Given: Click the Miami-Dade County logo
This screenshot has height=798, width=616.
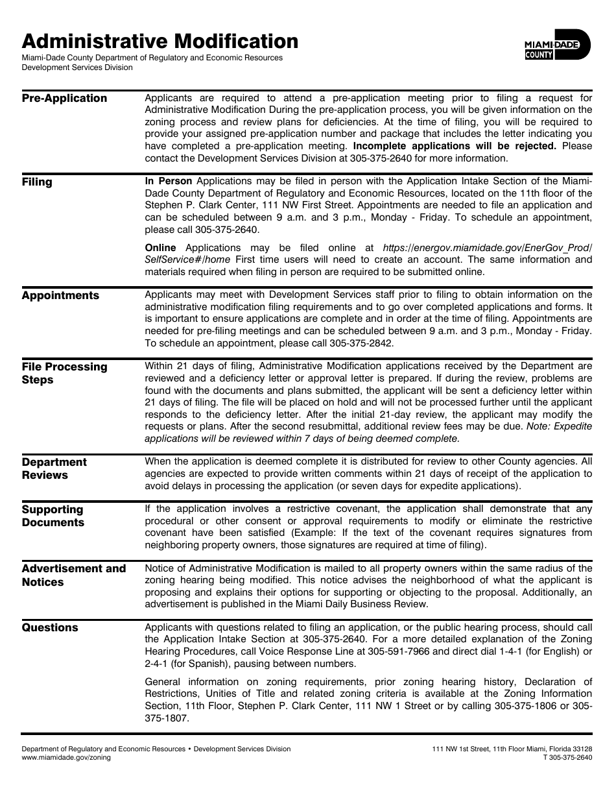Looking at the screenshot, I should click(557, 45).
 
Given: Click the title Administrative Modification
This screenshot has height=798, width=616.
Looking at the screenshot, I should click(160, 42).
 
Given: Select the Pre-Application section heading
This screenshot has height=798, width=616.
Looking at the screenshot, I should click(64, 99).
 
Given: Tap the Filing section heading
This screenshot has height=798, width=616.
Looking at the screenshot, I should click(37, 182).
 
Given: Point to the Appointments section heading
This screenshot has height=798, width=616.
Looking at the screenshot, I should click(60, 296).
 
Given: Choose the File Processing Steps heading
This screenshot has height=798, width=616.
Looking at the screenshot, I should click(64, 373).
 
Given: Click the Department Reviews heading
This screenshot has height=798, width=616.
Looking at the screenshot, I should click(54, 468).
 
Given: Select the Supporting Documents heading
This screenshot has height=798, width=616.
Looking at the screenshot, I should click(53, 516).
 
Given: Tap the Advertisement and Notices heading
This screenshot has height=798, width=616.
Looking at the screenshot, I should click(73, 575).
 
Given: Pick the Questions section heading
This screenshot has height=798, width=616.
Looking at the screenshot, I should click(50, 628).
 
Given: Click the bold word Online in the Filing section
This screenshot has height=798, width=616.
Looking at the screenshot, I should click(160, 248).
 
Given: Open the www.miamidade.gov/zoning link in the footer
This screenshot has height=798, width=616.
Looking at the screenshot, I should click(66, 757).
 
